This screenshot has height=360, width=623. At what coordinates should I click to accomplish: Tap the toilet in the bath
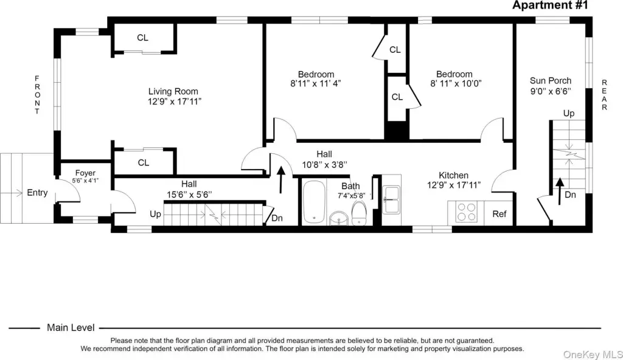coord(359,213)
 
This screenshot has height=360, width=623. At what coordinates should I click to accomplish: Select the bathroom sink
coord(338,218)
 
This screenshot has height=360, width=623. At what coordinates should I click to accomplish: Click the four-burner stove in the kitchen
coord(466,212)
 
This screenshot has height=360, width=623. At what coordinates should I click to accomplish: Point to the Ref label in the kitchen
coord(499,214)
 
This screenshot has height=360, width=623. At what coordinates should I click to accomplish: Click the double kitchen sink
coord(391,200)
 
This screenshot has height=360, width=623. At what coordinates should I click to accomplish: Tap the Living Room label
coord(173,91)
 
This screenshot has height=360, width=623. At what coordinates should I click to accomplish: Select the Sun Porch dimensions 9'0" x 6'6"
coord(551,91)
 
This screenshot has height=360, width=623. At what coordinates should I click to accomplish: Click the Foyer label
coord(85,173)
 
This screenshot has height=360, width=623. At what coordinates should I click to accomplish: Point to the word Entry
coord(37,193)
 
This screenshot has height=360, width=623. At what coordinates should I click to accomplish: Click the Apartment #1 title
coord(550,5)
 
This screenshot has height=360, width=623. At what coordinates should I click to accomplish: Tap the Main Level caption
coord(71,327)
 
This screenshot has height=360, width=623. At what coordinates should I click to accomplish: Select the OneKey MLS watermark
coord(593,354)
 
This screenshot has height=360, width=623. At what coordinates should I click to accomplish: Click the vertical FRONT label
coord(37,95)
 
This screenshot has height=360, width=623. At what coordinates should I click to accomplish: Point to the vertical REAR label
coord(604,95)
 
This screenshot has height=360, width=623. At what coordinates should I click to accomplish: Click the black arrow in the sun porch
coord(560,191)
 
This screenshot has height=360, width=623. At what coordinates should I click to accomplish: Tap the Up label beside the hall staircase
coord(155,214)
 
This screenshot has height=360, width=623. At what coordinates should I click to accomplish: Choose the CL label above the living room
coord(142,38)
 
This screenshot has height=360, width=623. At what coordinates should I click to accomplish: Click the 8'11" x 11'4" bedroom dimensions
coord(316,83)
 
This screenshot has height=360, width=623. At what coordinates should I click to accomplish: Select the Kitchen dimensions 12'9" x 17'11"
coord(454,185)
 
